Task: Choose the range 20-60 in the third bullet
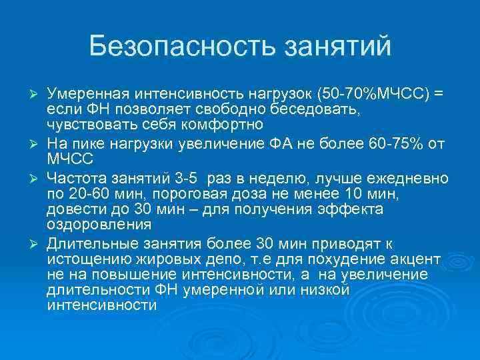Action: (x=82, y=194)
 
